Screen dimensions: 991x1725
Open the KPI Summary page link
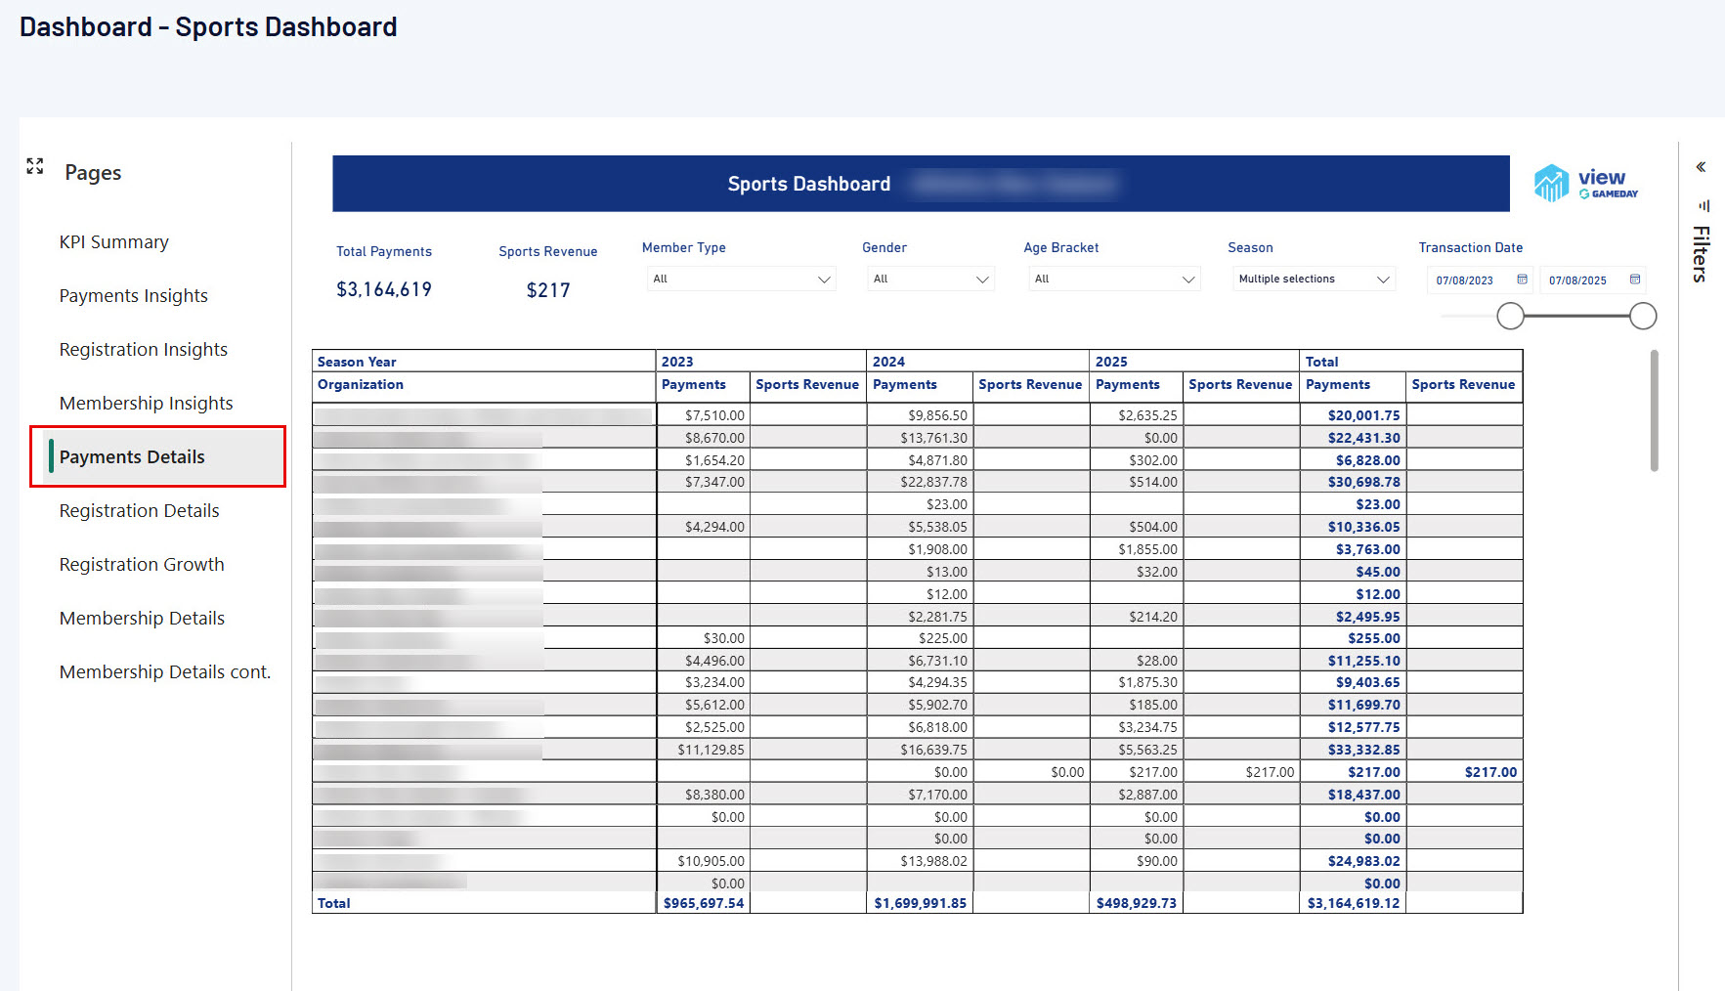(113, 242)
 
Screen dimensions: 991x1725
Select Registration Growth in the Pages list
(142, 565)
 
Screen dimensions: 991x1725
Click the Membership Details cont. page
(164, 672)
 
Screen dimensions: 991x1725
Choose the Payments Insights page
(133, 296)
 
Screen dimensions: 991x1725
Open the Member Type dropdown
(741, 280)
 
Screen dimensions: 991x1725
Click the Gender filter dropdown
(929, 280)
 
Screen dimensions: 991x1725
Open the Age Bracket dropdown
(1114, 280)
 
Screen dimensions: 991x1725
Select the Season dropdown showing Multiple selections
(1314, 280)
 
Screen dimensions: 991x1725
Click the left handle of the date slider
(1510, 316)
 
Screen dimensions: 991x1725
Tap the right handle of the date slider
(1643, 316)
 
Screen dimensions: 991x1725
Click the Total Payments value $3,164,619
(384, 290)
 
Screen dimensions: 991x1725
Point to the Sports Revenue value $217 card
(548, 290)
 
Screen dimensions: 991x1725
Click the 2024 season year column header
(888, 362)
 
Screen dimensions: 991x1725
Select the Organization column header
(361, 385)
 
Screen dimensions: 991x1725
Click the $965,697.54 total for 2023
(704, 903)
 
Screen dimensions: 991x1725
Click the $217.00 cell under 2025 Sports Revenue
(1270, 772)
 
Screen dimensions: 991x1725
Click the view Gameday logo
(1585, 183)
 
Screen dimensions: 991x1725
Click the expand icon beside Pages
(35, 166)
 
